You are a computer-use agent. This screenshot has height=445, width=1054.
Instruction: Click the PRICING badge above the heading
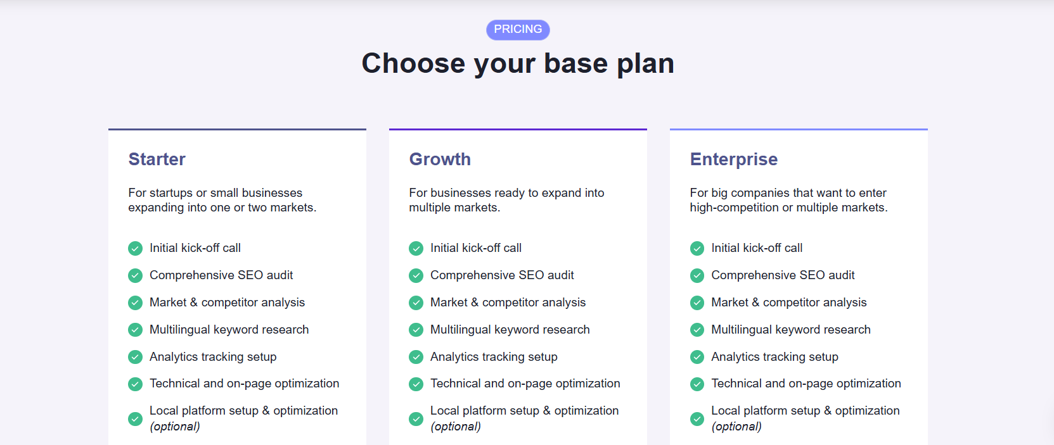(518, 30)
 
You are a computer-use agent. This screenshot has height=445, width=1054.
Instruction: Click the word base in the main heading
(576, 63)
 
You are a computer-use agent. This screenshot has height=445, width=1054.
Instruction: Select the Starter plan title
(157, 160)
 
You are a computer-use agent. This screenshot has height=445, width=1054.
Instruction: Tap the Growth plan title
(440, 160)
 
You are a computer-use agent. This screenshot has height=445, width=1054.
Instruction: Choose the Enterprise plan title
(733, 160)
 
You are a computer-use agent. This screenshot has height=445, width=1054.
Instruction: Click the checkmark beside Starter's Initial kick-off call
(135, 248)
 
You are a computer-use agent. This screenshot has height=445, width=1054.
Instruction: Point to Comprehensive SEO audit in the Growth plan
(502, 275)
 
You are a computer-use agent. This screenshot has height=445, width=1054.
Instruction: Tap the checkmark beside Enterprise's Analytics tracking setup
(697, 357)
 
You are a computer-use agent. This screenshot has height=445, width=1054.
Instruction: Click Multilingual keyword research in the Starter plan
(229, 330)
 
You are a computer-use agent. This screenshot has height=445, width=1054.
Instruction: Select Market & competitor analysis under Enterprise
(788, 303)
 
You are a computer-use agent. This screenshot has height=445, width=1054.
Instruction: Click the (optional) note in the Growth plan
(456, 427)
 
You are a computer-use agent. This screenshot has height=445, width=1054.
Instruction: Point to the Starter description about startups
(222, 200)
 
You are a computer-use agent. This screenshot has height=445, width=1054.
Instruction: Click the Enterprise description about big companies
(788, 200)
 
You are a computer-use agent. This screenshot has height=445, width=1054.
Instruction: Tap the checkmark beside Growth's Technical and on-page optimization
(416, 384)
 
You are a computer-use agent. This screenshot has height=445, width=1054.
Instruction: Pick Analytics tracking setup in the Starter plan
(213, 357)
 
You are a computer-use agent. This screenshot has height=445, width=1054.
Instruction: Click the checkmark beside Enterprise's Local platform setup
(697, 418)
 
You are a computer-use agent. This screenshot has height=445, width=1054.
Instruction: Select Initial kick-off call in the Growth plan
(476, 248)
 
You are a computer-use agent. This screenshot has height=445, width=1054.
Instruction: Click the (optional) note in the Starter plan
(174, 427)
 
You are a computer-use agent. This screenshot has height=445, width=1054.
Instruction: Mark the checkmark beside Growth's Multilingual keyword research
(416, 330)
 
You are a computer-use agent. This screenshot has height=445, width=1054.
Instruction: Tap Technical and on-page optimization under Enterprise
(806, 384)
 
